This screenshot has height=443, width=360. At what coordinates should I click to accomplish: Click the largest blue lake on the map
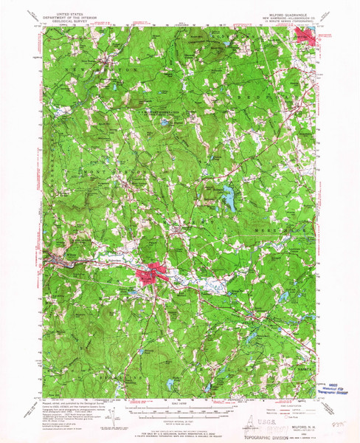[231, 198]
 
